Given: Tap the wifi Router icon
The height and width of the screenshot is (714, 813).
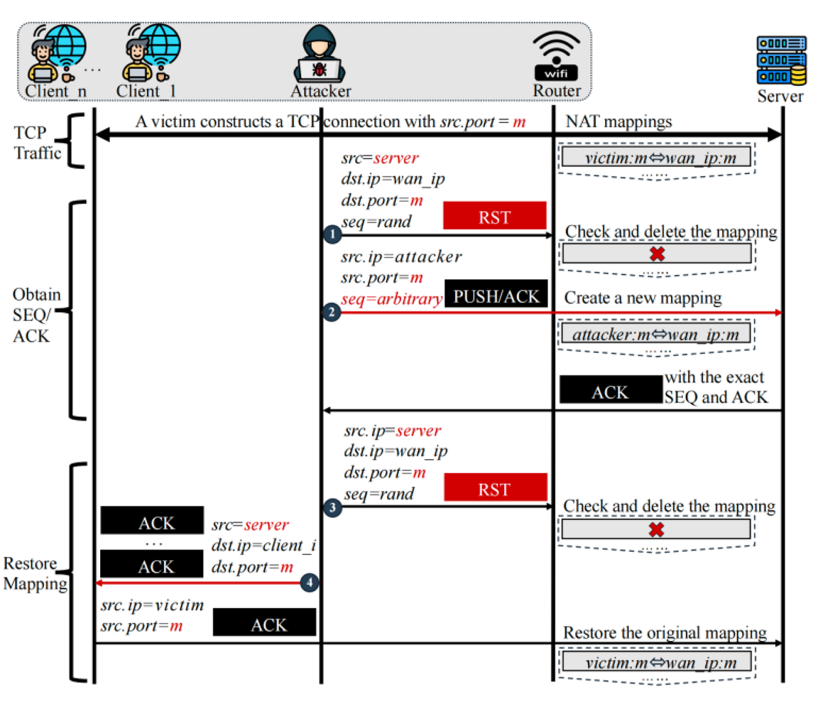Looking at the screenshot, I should click(x=556, y=55).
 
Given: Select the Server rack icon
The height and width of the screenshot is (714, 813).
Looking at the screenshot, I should click(x=781, y=60).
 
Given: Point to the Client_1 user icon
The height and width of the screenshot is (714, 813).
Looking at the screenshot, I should click(x=151, y=54).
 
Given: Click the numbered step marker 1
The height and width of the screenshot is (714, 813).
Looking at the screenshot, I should click(x=332, y=235).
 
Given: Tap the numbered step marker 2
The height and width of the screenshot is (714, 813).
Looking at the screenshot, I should click(x=331, y=312).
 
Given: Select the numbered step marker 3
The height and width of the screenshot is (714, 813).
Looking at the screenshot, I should click(x=333, y=508).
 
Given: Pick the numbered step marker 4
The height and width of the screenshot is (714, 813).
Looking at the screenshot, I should click(x=309, y=582).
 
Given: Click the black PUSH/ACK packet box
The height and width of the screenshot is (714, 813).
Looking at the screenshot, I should click(x=496, y=296).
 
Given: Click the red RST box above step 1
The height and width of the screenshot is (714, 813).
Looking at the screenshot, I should click(x=495, y=217).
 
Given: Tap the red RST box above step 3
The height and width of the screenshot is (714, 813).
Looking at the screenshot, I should click(x=495, y=489).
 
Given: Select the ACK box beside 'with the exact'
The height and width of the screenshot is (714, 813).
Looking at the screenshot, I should click(x=610, y=391).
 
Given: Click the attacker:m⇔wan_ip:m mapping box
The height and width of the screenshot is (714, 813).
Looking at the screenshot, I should click(x=656, y=335).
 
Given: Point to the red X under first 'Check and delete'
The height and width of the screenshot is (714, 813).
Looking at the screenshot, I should click(x=657, y=254).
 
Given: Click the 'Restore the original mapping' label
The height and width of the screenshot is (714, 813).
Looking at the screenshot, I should click(x=665, y=633).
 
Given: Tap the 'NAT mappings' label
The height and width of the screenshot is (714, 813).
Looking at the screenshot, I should click(x=618, y=121).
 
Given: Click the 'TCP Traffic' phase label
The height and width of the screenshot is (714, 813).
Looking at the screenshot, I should click(x=37, y=142).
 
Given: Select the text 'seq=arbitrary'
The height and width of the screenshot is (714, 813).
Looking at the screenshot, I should click(x=392, y=299).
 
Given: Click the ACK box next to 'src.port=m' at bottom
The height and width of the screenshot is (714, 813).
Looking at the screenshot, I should click(x=265, y=623).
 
